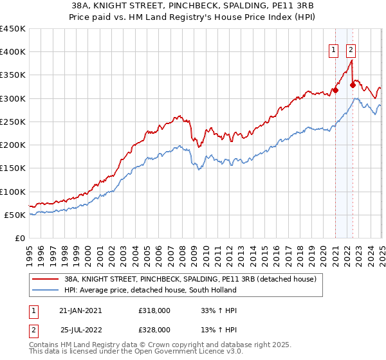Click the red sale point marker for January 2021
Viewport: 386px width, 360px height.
click(335, 90)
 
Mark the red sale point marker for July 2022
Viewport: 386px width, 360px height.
click(353, 85)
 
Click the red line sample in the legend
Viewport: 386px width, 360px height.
click(45, 280)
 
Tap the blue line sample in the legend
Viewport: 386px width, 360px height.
click(45, 290)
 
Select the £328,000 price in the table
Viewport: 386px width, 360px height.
click(154, 329)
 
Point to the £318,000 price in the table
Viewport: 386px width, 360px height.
click(154, 310)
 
